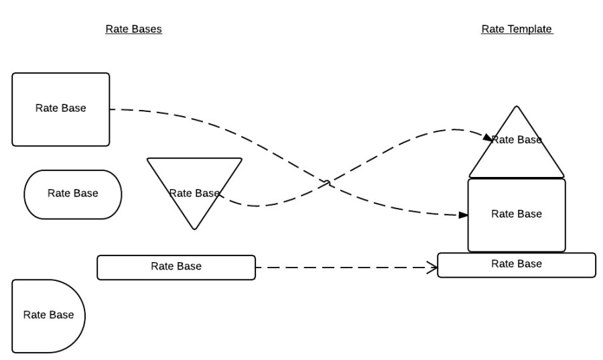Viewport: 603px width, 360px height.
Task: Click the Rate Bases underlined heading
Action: [133, 29]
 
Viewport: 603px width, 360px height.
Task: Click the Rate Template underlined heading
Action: [517, 29]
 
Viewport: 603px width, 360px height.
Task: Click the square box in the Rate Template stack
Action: [517, 231]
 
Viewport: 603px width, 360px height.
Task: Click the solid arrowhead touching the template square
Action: [463, 215]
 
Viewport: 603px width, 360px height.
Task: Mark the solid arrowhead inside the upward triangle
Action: [487, 137]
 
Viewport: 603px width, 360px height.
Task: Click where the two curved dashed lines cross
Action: [327, 182]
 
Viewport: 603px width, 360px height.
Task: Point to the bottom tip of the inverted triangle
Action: [194, 229]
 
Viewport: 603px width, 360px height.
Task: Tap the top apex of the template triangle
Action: [517, 107]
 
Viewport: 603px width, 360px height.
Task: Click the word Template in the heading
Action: [529, 29]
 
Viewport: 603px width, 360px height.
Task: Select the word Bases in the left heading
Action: [147, 29]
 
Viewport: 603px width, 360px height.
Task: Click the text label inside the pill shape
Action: [72, 194]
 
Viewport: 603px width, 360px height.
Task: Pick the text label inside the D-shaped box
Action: [48, 315]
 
